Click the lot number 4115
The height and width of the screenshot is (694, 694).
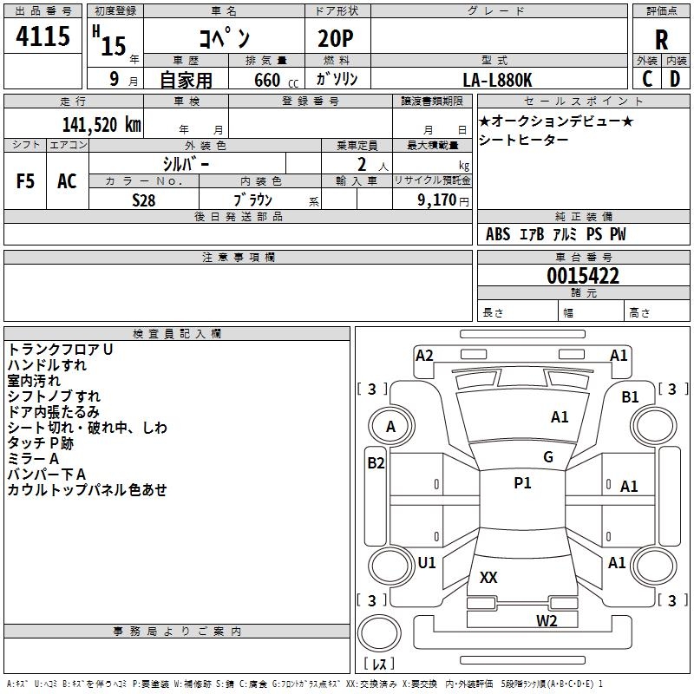tap(43, 36)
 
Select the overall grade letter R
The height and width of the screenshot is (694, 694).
tap(661, 40)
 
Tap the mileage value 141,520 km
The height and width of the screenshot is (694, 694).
tap(101, 124)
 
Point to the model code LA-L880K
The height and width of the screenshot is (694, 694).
tap(497, 80)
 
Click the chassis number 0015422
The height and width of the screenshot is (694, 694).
tap(583, 276)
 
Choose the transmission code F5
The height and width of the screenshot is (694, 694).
tap(25, 181)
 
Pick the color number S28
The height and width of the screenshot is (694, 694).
tap(144, 200)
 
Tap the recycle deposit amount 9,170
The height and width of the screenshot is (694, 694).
tap(436, 200)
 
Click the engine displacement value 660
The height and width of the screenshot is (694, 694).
tap(267, 80)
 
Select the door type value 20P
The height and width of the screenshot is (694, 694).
tap(336, 38)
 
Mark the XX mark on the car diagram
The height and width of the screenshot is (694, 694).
tap(488, 577)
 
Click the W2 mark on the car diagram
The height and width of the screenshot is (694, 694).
tap(547, 620)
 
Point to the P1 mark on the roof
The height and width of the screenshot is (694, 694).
tap(522, 483)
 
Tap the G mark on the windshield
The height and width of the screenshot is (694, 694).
tap(548, 457)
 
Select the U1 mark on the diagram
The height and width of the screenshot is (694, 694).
tap(427, 562)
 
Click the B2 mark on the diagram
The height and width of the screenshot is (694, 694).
tap(376, 463)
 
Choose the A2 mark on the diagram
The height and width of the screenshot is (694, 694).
tap(424, 356)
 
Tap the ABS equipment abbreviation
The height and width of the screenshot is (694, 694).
tap(498, 234)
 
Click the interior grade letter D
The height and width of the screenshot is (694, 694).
tap(675, 79)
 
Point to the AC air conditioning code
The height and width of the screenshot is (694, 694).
tap(67, 181)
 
